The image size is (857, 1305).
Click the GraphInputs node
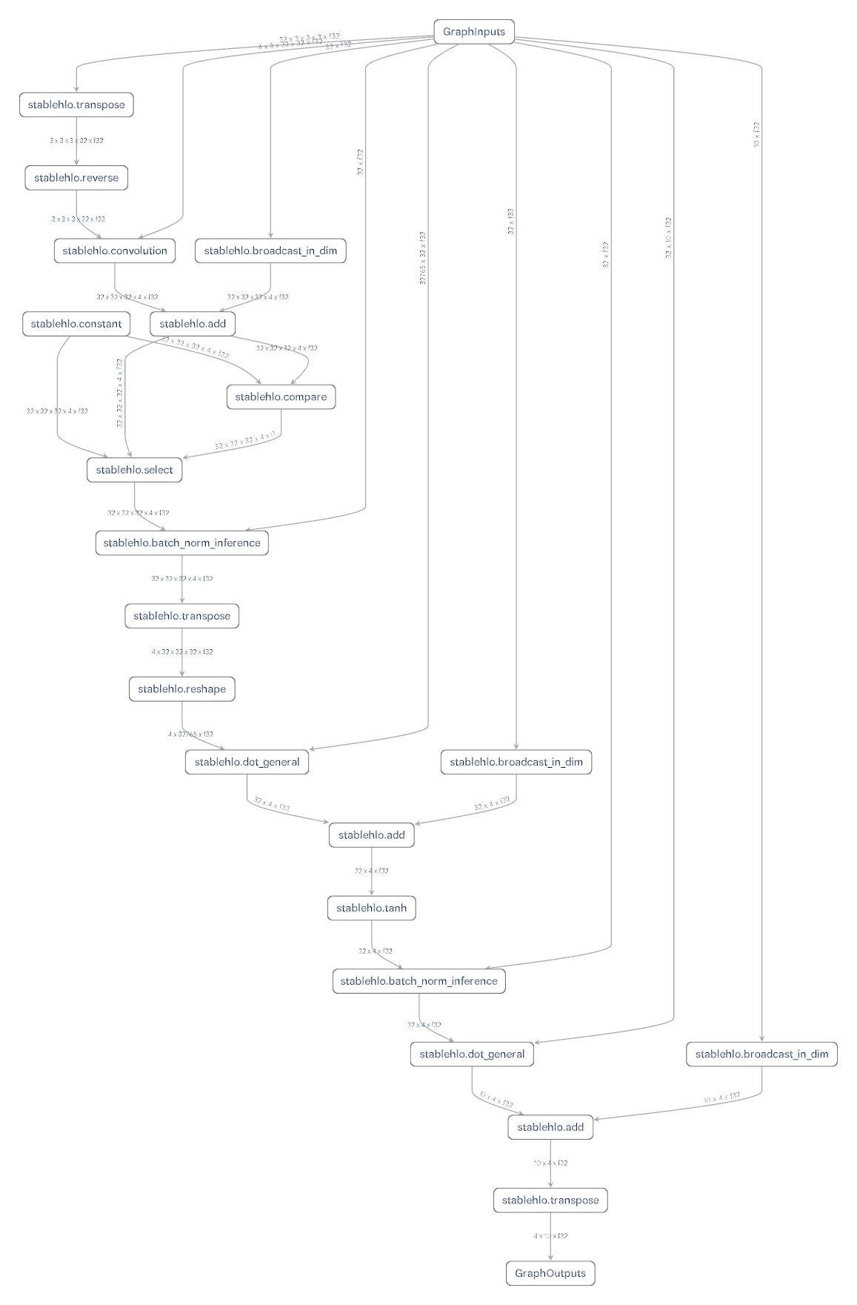(x=473, y=31)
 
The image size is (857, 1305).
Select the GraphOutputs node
(x=550, y=1273)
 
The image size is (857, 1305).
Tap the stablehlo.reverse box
(x=76, y=178)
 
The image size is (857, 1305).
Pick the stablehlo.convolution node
(x=115, y=250)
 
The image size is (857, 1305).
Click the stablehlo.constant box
(x=76, y=324)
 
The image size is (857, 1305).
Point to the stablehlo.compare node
(x=281, y=396)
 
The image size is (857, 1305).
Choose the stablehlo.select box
(x=134, y=470)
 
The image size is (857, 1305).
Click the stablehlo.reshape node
(x=181, y=688)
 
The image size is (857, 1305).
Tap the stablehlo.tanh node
(x=371, y=908)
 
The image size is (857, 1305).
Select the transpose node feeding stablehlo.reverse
(x=76, y=104)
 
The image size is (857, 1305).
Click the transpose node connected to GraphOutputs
(x=550, y=1200)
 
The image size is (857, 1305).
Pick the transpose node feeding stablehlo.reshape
(x=181, y=616)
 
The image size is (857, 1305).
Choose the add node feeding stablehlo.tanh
(x=371, y=835)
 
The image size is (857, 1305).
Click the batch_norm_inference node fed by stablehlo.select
(x=181, y=543)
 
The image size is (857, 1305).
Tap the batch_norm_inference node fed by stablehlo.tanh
(x=419, y=981)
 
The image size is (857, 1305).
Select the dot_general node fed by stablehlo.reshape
(x=247, y=762)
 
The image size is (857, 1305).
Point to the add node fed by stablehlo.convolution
(x=193, y=324)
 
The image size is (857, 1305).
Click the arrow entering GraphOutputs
(x=550, y=1245)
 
